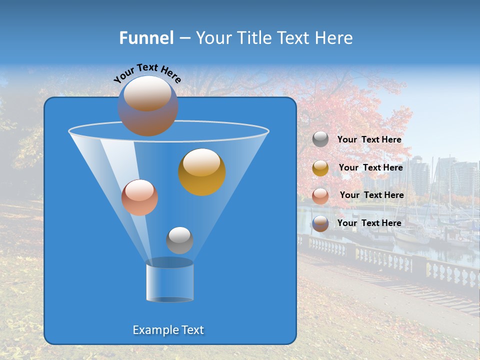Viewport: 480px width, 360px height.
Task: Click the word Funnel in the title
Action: [x=146, y=38]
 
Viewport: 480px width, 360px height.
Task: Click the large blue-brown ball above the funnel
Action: [x=148, y=106]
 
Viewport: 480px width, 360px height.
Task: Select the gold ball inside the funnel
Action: [x=202, y=172]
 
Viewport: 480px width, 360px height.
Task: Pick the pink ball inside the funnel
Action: [x=139, y=197]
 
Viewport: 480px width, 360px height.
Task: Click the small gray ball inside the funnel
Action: [x=179, y=240]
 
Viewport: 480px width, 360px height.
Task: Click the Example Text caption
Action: [x=168, y=330]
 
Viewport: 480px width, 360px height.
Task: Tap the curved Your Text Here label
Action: [x=147, y=73]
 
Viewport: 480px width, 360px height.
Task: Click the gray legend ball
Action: [x=320, y=139]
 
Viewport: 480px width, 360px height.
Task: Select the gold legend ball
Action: [x=320, y=168]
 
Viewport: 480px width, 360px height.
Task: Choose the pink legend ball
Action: [x=320, y=195]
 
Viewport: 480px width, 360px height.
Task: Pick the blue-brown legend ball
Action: [x=320, y=223]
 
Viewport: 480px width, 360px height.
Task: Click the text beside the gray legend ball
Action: [x=369, y=140]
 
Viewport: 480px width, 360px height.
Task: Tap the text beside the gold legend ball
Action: [x=370, y=168]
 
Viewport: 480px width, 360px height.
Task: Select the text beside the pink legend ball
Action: [x=371, y=195]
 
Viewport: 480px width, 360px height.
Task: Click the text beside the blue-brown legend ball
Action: [x=369, y=223]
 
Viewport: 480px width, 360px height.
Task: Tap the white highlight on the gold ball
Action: [x=201, y=162]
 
